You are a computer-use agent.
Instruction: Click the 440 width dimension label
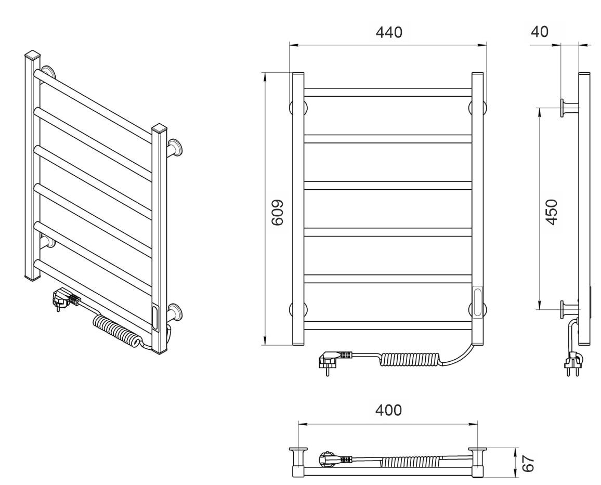pos(389,33)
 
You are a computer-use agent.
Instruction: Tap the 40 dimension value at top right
pos(540,31)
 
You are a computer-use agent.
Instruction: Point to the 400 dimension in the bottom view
pos(389,410)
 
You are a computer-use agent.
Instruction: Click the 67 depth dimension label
pos(528,464)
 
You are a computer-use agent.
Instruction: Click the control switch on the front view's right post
pos(478,302)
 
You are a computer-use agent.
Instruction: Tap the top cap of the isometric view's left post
pos(33,55)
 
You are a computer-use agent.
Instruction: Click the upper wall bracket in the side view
pos(570,108)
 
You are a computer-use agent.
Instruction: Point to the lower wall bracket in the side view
pos(570,309)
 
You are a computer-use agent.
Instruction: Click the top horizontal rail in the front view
pos(388,93)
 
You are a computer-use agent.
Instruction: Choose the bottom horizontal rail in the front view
pos(388,325)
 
